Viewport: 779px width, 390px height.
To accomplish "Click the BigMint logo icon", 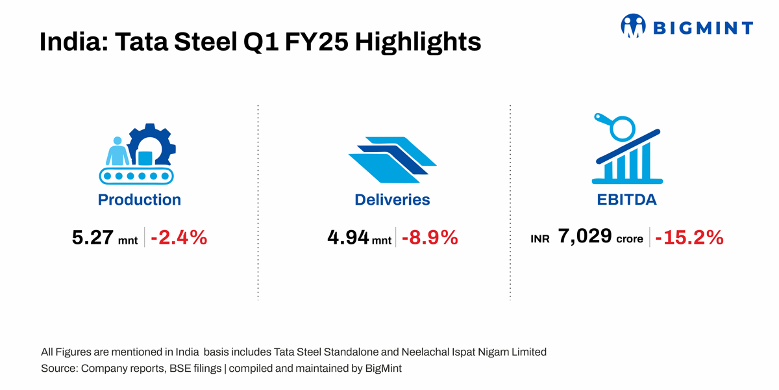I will coord(634,26).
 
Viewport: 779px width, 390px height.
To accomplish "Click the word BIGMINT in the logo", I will coord(702,27).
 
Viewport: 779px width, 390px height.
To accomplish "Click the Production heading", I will coord(140,200).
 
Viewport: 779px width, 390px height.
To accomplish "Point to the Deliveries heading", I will coord(392,200).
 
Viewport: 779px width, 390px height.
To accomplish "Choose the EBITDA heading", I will coord(626,200).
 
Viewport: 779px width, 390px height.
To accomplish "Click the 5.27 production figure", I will coord(93,238).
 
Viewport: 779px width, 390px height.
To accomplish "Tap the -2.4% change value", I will coord(179,238).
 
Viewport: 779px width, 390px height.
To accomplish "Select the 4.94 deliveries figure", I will coord(349,238).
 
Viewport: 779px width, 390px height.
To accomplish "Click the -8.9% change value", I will coord(430,238).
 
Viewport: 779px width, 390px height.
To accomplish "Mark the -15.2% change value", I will coord(689,238).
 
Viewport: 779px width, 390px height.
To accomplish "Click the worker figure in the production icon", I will coord(117,152).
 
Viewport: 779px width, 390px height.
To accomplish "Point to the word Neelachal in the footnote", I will coord(427,352).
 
